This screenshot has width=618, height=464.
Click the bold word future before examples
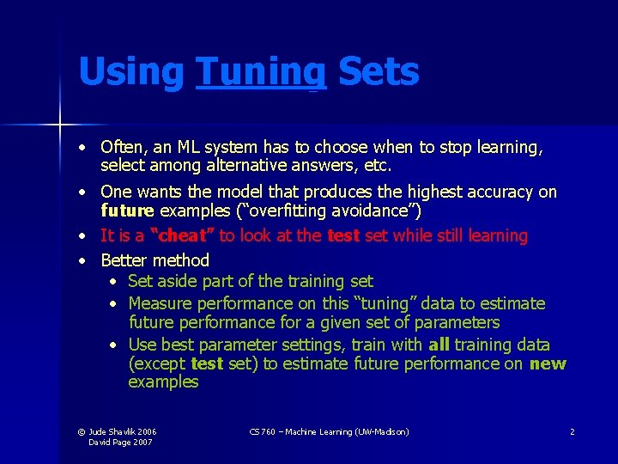(127, 211)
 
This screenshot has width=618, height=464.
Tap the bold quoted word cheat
(182, 235)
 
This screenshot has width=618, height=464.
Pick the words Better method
(155, 259)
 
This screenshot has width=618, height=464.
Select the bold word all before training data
(438, 345)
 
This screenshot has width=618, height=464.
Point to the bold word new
(548, 363)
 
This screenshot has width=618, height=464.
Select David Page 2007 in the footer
(121, 442)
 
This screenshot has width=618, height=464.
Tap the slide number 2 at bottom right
(572, 431)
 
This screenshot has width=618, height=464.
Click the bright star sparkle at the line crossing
(61, 125)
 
